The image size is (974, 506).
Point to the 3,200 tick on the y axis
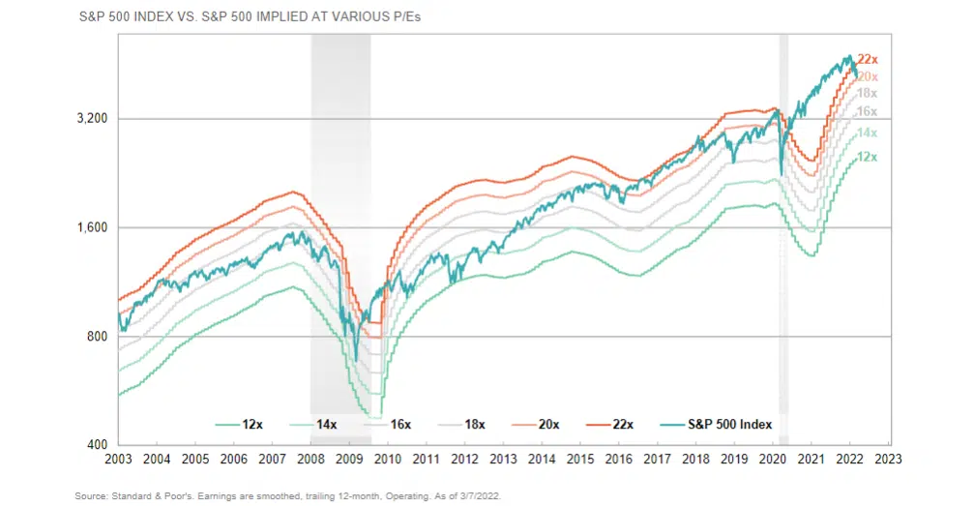[94, 119]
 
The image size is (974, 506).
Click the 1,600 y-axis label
[94, 228]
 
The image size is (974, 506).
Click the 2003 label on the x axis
[118, 461]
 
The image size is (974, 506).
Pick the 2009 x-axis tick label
[348, 461]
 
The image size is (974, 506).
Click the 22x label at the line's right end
[868, 60]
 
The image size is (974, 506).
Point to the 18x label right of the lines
[868, 93]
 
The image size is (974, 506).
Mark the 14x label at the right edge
[868, 133]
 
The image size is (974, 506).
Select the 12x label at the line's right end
[868, 157]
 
